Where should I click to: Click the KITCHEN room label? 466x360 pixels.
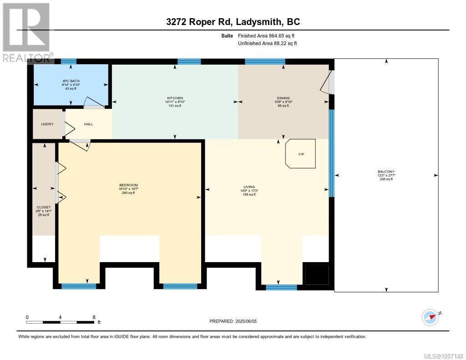[x=175, y=98]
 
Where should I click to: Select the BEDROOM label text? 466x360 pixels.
[x=128, y=185]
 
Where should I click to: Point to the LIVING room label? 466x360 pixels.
[x=248, y=187]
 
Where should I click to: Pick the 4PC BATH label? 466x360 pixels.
[x=71, y=81]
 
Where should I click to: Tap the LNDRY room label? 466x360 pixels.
[x=47, y=124]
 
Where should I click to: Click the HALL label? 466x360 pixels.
[x=88, y=124]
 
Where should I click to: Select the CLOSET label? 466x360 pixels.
[x=44, y=207]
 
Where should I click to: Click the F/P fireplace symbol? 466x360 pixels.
[x=300, y=154]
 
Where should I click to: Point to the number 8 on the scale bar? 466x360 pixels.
[x=94, y=317]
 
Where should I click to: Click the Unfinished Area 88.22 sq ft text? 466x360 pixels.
[x=267, y=44]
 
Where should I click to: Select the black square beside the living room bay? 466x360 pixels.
[x=316, y=274]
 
